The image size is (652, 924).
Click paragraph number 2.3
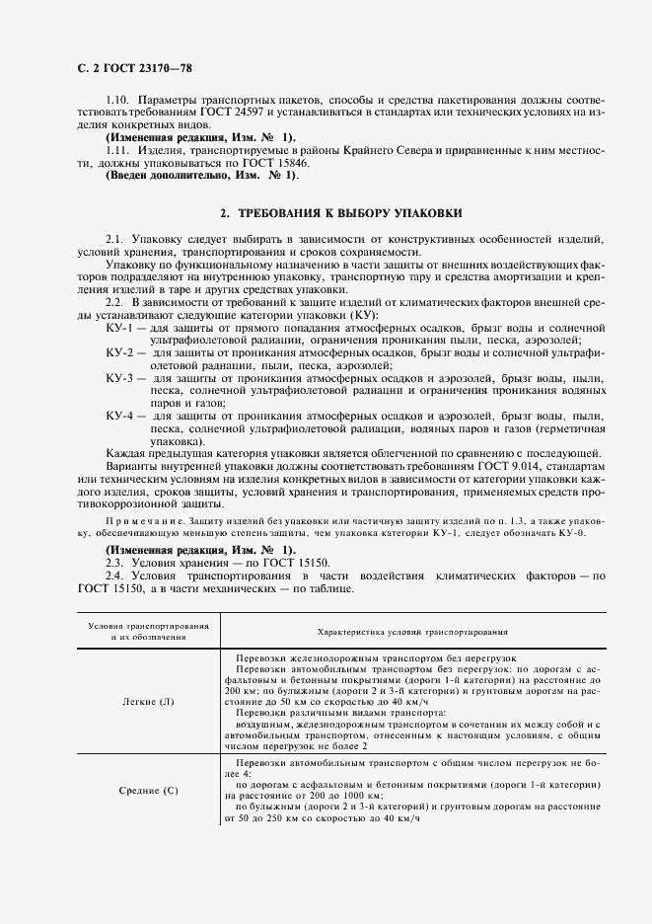click(114, 561)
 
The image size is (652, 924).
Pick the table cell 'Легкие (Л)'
click(146, 702)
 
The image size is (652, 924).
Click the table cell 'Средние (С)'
click(148, 790)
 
